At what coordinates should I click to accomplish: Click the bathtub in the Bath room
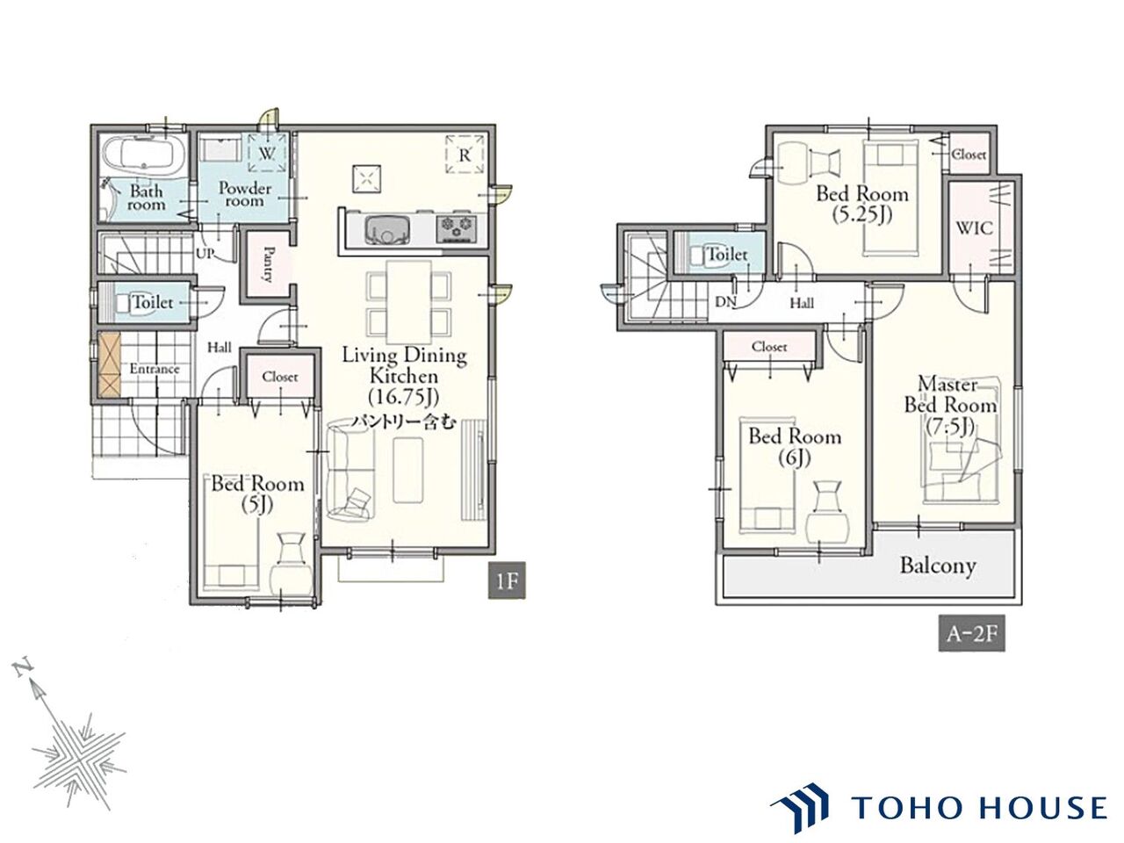pos(138,154)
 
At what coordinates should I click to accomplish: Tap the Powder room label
pos(245,194)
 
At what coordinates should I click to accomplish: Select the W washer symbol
pos(267,153)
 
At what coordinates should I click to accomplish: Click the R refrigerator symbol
pos(465,155)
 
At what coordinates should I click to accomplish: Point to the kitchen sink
pos(387,229)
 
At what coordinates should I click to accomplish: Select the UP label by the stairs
pos(205,253)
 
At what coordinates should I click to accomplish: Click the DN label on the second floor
pos(725,302)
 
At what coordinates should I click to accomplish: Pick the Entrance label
pos(155,369)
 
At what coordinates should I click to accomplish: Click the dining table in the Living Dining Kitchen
pos(408,302)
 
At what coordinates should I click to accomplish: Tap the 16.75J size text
pos(404,398)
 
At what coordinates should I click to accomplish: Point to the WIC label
pos(975,227)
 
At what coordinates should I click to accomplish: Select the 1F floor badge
pos(507,581)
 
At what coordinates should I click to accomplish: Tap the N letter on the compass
pos(23,668)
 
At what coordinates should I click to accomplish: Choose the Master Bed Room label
pos(950,394)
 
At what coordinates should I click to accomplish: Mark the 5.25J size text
pos(861,215)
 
